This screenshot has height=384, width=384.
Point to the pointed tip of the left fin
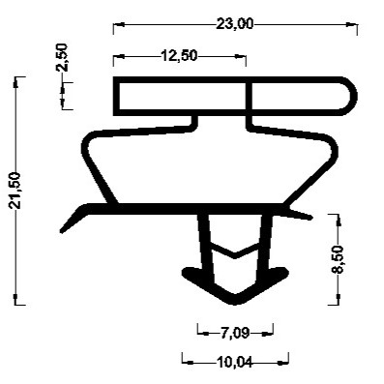click(61, 231)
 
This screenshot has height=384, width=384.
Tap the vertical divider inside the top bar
click(248, 95)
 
